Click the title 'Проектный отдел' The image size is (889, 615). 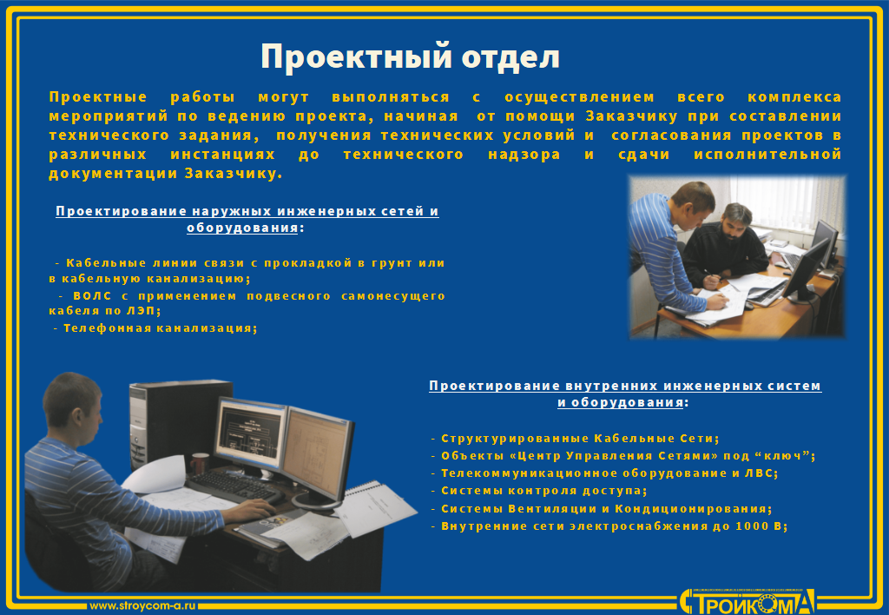click(410, 56)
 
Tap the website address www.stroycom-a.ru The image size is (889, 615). click(143, 605)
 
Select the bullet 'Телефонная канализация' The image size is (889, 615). click(155, 328)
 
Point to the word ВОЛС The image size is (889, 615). click(92, 295)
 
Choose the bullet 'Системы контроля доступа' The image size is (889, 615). click(539, 491)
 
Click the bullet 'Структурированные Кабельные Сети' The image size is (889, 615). click(575, 439)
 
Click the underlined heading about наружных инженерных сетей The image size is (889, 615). click(247, 220)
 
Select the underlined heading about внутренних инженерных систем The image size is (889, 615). click(625, 393)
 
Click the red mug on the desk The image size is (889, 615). click(199, 463)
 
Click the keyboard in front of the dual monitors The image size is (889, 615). click(234, 486)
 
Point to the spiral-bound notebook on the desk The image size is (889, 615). click(375, 509)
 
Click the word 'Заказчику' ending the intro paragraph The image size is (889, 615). click(234, 174)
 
